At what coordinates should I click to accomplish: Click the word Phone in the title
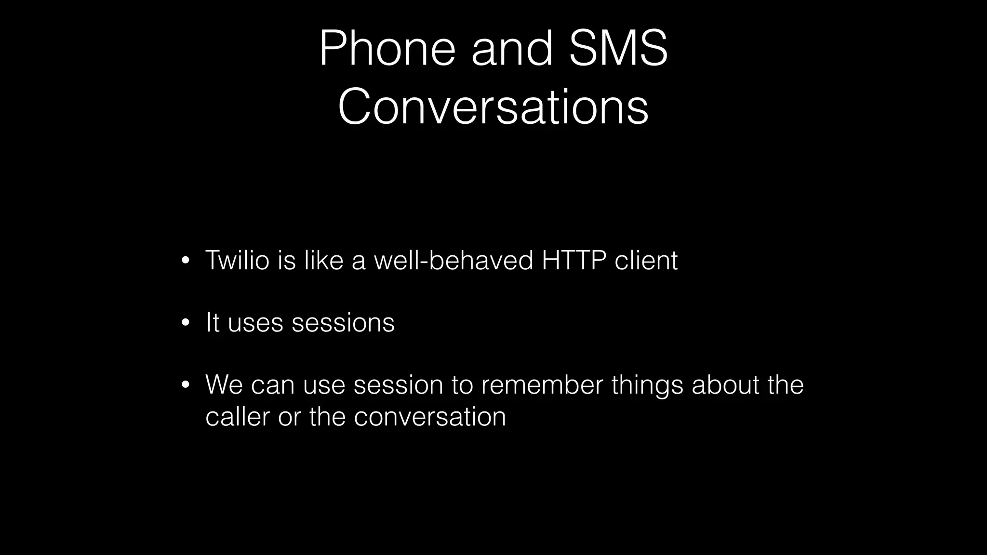[x=387, y=48]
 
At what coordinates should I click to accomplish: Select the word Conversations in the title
[x=493, y=107]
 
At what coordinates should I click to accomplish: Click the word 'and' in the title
[x=512, y=48]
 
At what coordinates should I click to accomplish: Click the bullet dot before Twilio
[x=186, y=261]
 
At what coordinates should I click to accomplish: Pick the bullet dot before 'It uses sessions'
[x=186, y=323]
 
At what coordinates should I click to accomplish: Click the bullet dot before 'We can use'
[x=186, y=385]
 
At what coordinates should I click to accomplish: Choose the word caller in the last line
[x=237, y=416]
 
